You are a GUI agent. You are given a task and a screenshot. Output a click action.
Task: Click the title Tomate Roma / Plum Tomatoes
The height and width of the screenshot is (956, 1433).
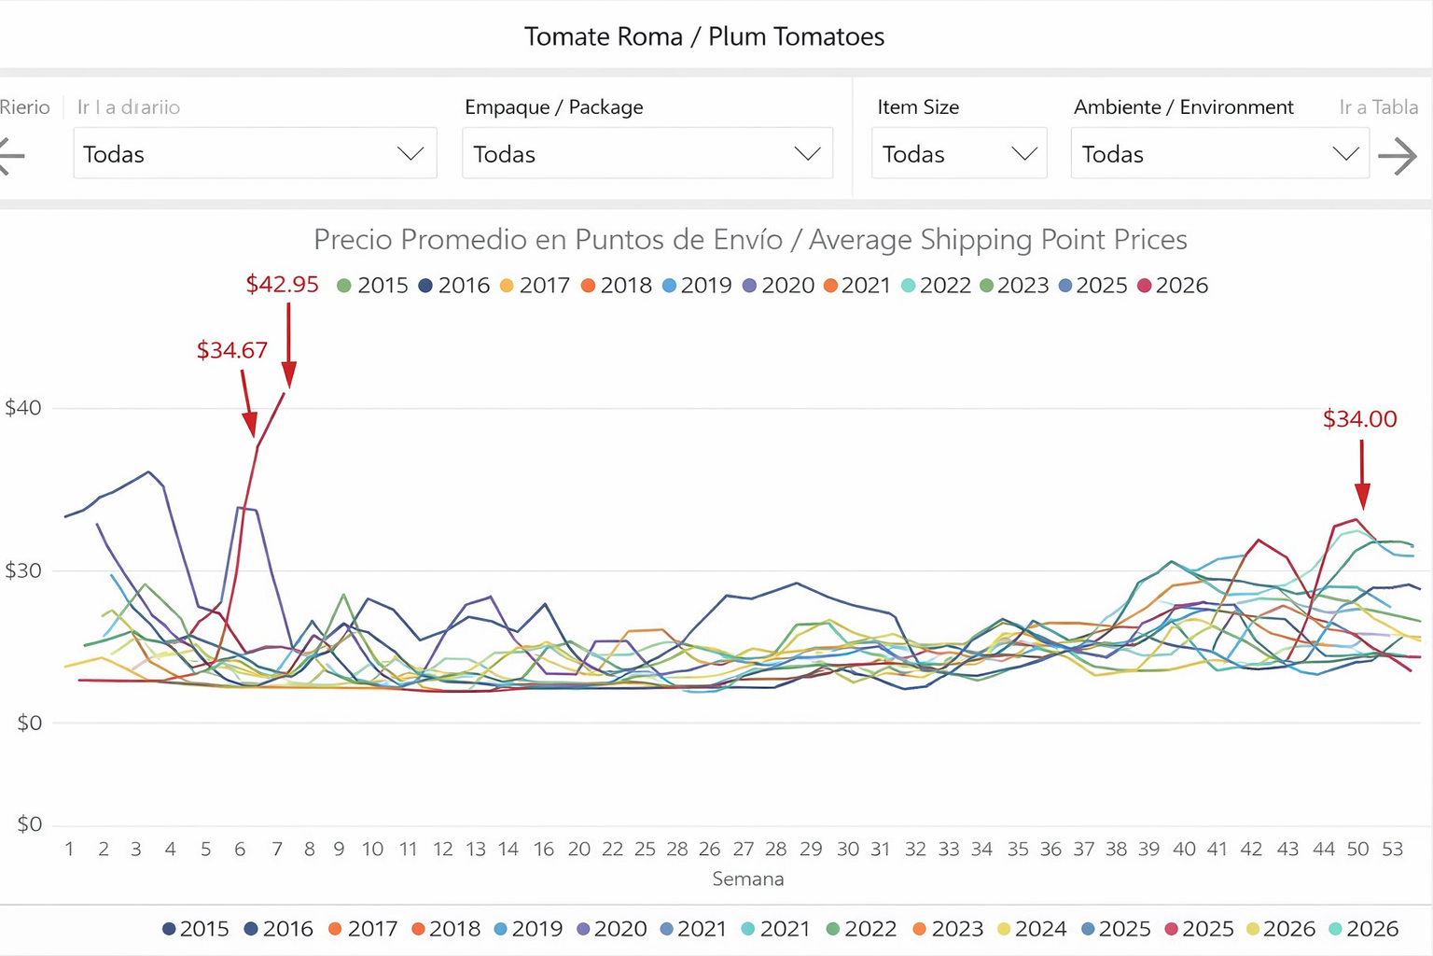[704, 36]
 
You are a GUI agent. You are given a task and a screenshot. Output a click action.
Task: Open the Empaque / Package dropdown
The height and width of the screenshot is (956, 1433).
[647, 154]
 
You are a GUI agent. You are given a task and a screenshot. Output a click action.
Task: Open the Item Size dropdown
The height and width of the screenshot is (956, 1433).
[959, 154]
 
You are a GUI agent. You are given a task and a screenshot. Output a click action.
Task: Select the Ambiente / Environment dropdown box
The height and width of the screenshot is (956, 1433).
[1219, 154]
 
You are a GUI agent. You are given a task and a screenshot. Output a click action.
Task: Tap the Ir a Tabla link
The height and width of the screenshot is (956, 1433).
[1378, 107]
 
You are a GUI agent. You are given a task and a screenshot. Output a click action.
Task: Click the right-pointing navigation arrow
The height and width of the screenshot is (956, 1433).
[1398, 156]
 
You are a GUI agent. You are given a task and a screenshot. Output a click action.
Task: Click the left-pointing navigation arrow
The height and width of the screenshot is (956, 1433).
[11, 156]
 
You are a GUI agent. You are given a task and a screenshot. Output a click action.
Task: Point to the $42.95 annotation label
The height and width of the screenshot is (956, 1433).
[282, 285]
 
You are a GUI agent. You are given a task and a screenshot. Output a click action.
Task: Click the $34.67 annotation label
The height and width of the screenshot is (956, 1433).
[231, 350]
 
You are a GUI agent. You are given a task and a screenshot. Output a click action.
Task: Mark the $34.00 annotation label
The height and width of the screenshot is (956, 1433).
[1359, 419]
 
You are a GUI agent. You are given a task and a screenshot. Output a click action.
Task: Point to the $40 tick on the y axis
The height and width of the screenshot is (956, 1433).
[23, 408]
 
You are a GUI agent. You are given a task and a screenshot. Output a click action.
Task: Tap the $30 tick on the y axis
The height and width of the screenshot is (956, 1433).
[23, 570]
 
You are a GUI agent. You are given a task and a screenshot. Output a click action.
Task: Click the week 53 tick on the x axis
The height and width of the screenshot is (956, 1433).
[1392, 849]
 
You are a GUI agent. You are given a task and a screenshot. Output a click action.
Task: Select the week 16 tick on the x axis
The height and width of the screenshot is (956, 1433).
[544, 849]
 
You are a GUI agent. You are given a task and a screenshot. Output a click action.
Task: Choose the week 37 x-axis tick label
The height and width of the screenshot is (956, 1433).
[1083, 849]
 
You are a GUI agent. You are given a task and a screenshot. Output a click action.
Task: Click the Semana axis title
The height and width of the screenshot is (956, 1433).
[747, 879]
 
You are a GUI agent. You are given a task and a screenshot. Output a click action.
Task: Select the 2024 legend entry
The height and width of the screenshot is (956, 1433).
[1032, 929]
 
